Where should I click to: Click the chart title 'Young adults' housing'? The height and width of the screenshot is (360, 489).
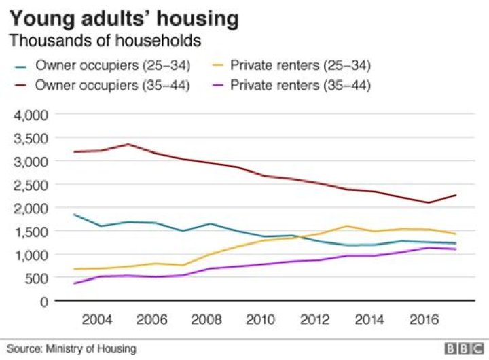pyautogui.click(x=124, y=18)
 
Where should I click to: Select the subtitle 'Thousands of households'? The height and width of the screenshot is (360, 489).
pyautogui.click(x=105, y=41)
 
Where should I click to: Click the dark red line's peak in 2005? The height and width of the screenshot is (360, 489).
pyautogui.click(x=128, y=144)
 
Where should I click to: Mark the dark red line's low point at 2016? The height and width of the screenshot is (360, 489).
pyautogui.click(x=428, y=202)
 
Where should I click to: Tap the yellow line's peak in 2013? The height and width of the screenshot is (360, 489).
pyautogui.click(x=346, y=226)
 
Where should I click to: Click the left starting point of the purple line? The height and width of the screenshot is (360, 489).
pyautogui.click(x=73, y=283)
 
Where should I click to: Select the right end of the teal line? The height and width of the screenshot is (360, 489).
pyautogui.click(x=455, y=243)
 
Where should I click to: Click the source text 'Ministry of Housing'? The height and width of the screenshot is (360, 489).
pyautogui.click(x=92, y=348)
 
